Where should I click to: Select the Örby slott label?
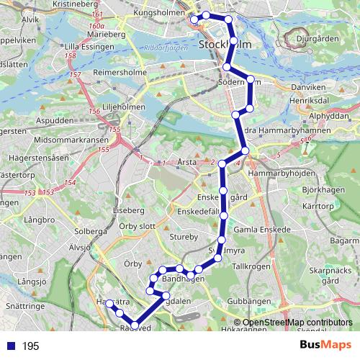coord(138,225)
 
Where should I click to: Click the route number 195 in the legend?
coord(30,346)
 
